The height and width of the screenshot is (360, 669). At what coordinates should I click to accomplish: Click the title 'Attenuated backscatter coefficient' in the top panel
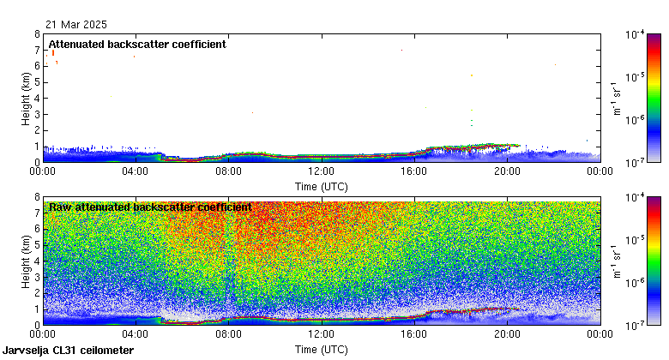137,44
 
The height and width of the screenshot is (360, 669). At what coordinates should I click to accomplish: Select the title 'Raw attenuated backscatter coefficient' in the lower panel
150,207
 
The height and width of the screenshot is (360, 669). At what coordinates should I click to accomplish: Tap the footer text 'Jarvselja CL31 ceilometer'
68,351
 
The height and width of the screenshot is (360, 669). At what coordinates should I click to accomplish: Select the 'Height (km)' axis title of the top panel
26,99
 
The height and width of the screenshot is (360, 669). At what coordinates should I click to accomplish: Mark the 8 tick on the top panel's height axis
37,34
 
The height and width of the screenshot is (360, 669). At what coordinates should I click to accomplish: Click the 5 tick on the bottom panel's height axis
37,246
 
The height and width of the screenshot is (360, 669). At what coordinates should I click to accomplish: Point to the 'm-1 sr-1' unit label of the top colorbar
616,99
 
